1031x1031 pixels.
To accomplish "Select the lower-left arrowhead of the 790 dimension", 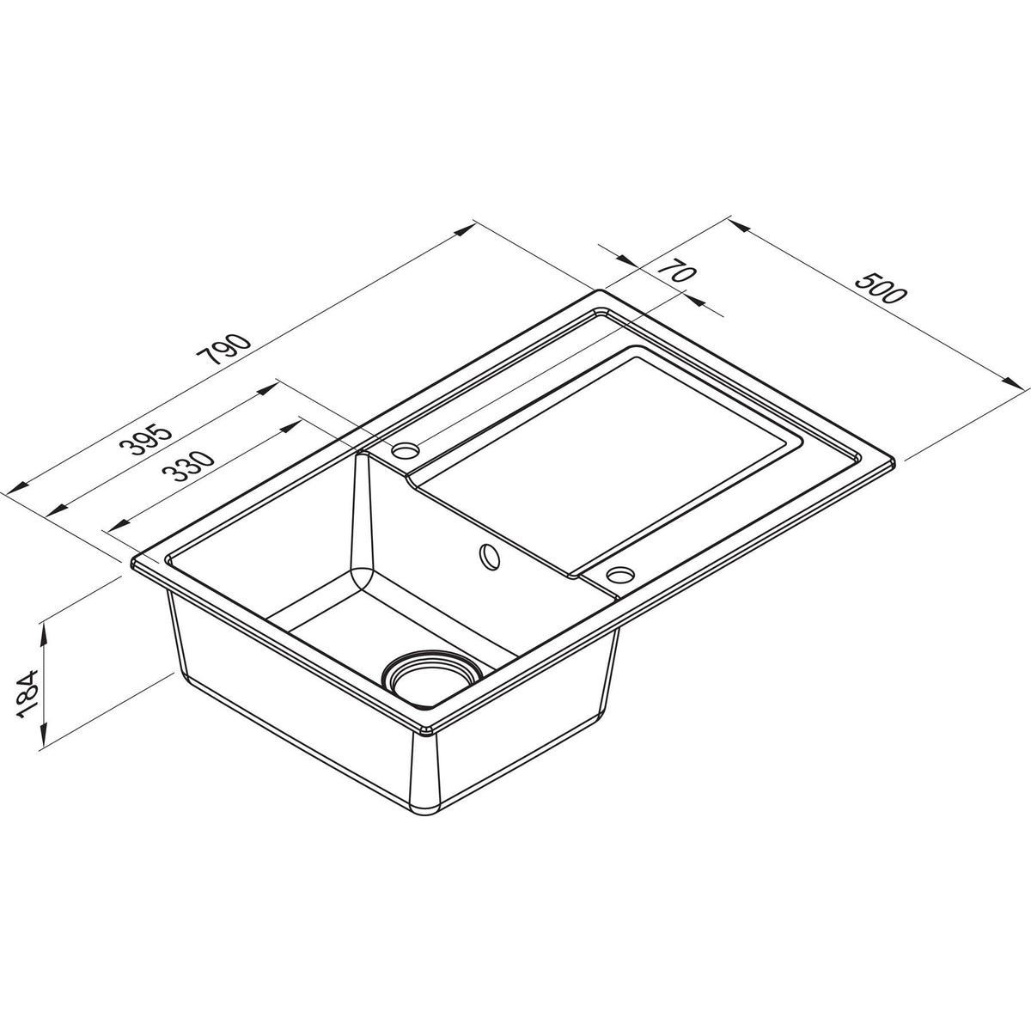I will tap(12, 491).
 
